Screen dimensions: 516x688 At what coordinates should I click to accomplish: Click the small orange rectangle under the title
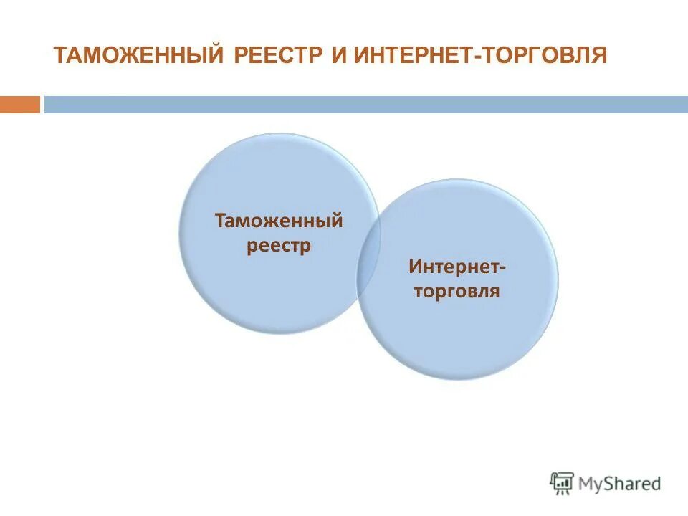pyautogui.click(x=20, y=105)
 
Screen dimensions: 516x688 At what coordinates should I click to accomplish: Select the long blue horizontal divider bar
pyautogui.click(x=365, y=105)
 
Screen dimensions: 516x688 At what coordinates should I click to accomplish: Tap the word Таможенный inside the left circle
pyautogui.click(x=279, y=221)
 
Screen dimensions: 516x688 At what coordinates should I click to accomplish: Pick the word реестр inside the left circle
pyautogui.click(x=279, y=246)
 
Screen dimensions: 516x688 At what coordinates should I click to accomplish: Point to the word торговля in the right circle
pyautogui.click(x=456, y=292)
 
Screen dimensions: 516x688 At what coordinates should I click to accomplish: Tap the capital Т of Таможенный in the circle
pyautogui.click(x=220, y=220)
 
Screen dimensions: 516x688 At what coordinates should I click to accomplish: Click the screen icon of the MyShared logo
pyautogui.click(x=562, y=482)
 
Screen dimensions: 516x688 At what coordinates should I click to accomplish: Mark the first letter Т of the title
pyautogui.click(x=60, y=55)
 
